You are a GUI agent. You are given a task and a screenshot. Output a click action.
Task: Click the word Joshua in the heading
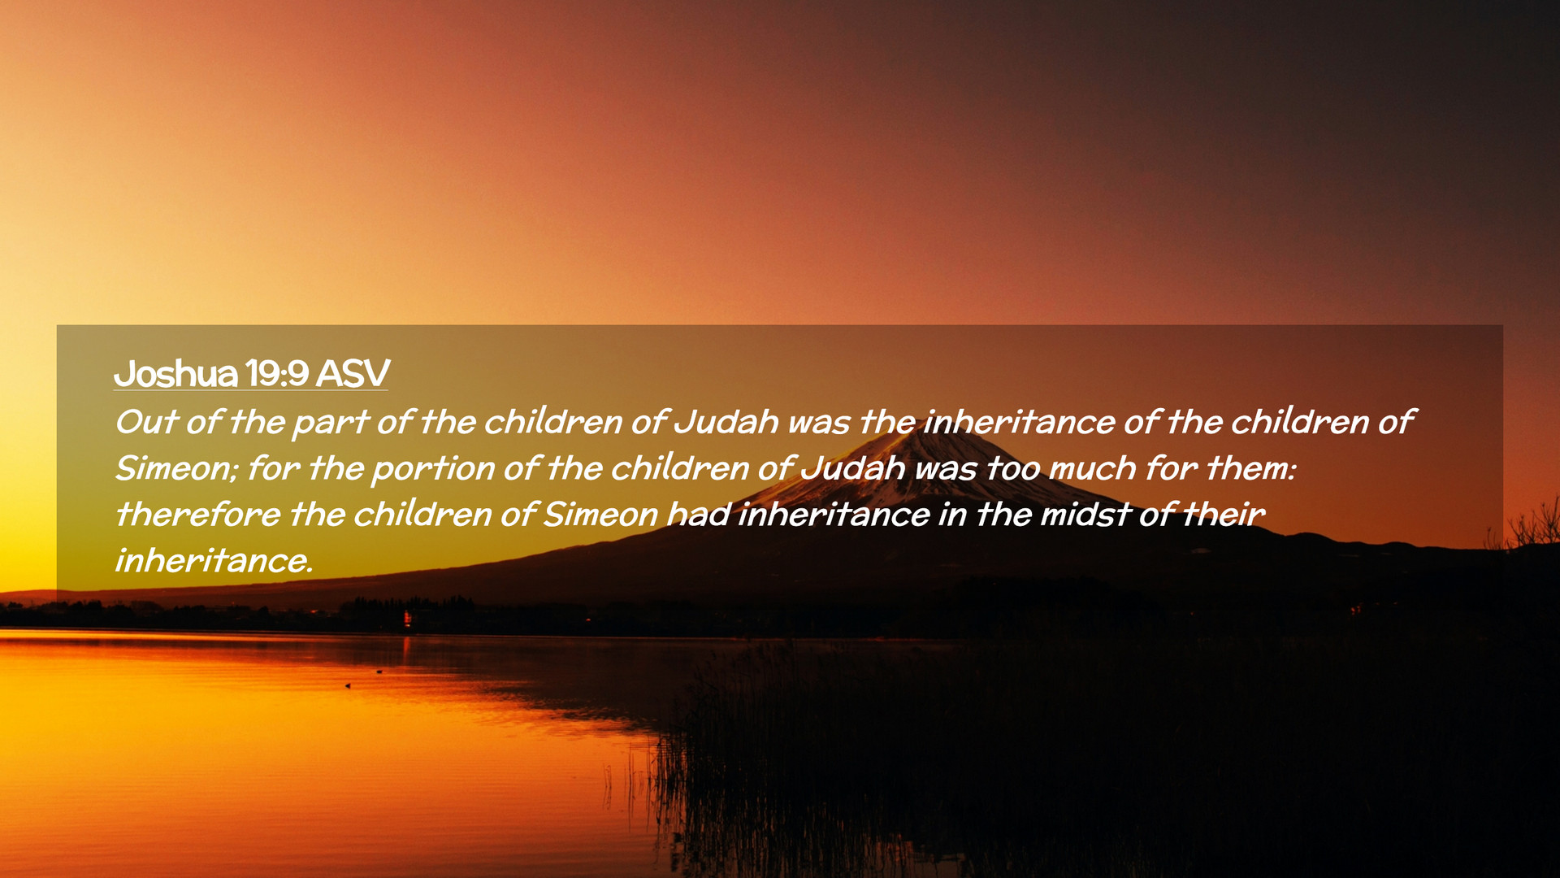coord(175,373)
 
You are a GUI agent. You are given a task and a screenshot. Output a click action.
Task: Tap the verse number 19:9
coord(276,373)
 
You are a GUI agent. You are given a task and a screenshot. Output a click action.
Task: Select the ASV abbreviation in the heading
coord(353,373)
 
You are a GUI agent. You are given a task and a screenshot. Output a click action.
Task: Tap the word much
coord(1092,468)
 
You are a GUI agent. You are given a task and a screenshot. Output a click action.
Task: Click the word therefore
coord(197,515)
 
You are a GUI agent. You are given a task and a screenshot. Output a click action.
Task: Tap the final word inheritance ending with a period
coord(214,561)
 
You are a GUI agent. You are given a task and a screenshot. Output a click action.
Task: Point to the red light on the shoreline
coord(408,620)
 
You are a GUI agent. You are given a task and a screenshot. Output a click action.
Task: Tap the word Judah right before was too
coord(853,468)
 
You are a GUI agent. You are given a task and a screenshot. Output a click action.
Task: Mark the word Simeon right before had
coord(600,515)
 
